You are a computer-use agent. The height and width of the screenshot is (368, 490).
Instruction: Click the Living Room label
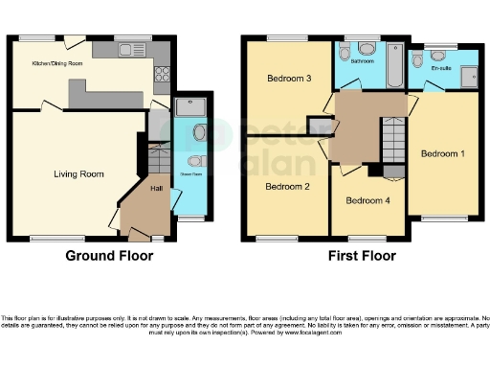(78, 173)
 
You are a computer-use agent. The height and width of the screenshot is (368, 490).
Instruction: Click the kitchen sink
(127, 49)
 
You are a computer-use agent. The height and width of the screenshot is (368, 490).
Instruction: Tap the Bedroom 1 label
(443, 152)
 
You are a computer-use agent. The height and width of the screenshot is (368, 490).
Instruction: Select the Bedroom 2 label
(287, 186)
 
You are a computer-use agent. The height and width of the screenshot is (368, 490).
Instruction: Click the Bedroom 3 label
(287, 80)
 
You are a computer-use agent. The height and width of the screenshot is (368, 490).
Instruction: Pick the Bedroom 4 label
(367, 201)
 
